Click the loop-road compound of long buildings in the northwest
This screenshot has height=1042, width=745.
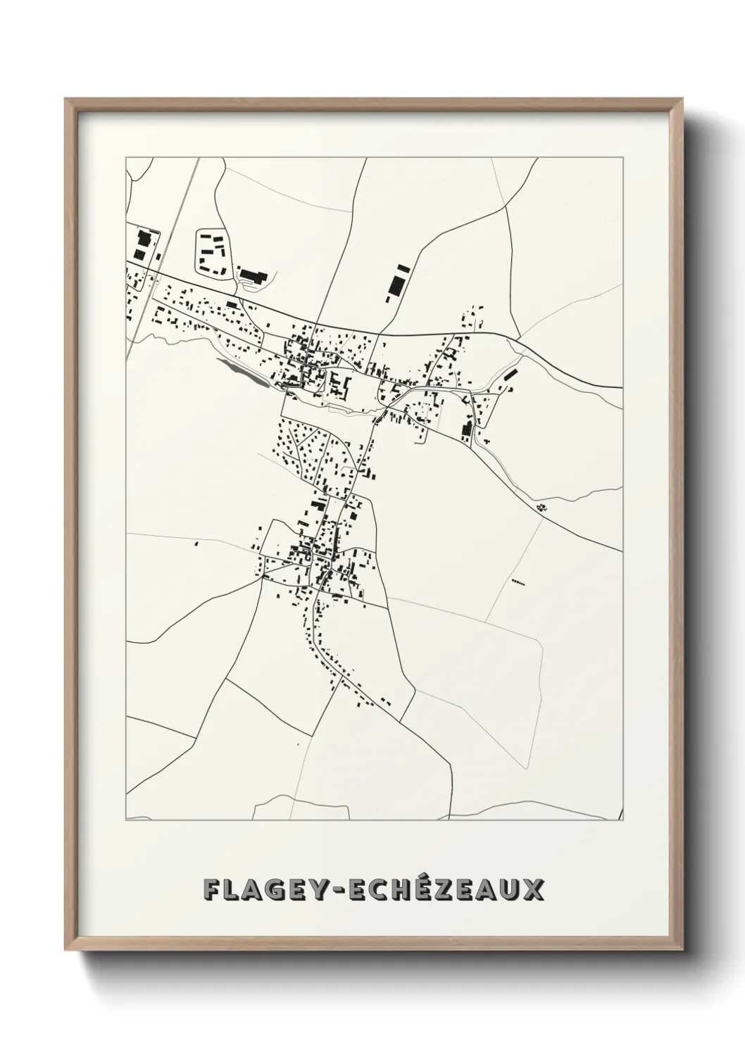click(211, 252)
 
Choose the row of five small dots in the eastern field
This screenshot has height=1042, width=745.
click(519, 582)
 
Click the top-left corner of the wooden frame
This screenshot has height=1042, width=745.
click(65, 99)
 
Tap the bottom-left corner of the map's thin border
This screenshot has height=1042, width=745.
click(126, 820)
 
